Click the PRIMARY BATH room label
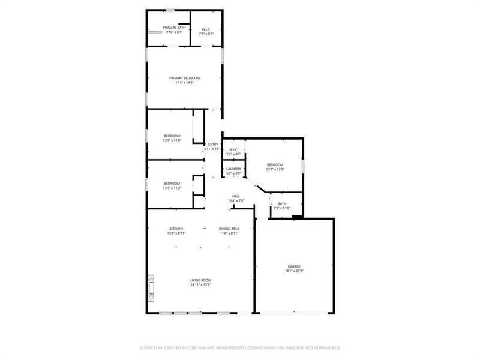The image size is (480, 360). point(174,28)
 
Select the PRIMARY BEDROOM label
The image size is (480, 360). point(184,78)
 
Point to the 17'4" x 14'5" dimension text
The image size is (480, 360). point(184,83)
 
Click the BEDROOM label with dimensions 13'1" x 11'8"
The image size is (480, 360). point(172,136)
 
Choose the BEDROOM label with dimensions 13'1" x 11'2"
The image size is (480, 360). point(172,184)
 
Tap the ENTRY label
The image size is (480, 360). point(213,145)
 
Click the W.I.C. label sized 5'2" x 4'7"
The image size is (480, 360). point(233,150)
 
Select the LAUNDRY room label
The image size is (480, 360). point(233,169)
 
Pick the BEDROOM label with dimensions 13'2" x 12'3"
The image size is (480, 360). point(275,164)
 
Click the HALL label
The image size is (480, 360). point(237,196)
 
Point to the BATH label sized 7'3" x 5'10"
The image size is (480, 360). point(281,204)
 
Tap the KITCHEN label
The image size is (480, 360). point(176,229)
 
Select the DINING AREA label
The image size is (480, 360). point(229,229)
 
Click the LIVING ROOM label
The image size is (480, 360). point(201,280)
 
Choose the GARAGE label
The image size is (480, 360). point(293,266)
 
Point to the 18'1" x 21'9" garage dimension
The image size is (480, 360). point(293,271)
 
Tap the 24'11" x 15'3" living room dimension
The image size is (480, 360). point(201,285)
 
